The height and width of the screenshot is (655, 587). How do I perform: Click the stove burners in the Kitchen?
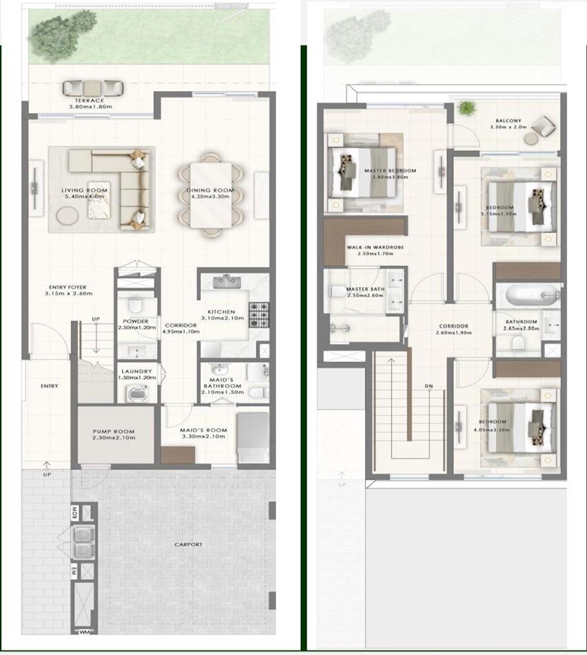259,314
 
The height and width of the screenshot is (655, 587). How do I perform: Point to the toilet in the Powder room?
135,303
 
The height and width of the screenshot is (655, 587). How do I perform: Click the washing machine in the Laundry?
134,394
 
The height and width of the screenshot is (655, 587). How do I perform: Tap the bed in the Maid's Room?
252,436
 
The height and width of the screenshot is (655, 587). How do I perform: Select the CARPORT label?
188,545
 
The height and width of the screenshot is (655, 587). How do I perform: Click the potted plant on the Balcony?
467,108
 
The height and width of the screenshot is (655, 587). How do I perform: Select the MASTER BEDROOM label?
390,170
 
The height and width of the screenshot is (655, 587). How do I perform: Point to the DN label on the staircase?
428,387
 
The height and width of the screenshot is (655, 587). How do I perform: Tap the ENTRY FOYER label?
68,287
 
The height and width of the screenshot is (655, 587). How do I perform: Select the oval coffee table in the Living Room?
68,215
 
